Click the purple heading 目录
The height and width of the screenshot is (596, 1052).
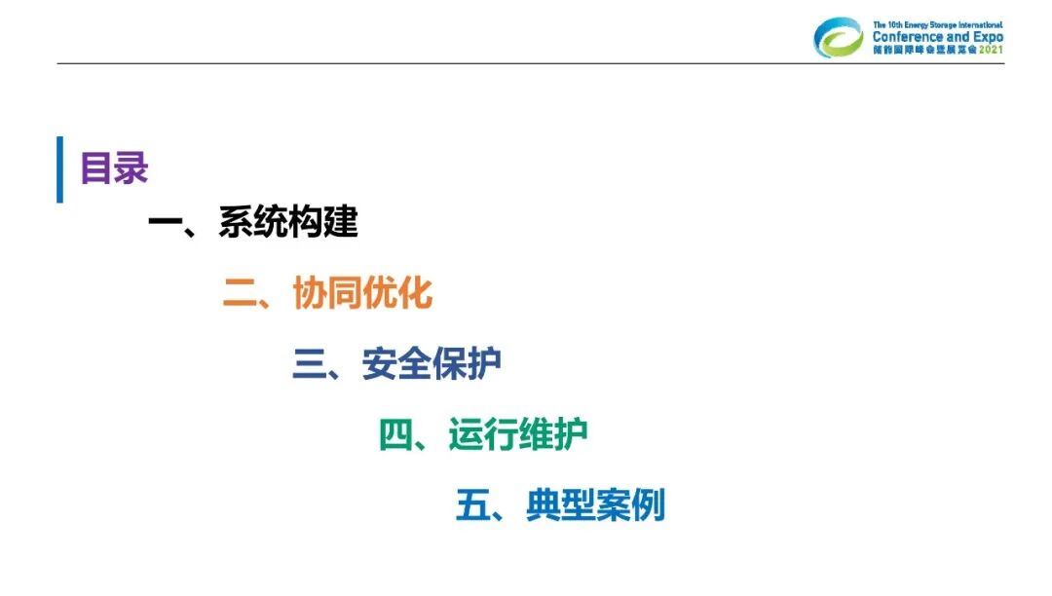[x=114, y=168]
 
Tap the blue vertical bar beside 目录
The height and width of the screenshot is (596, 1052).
[x=59, y=169]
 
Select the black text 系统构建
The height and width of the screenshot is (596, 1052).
[x=288, y=222]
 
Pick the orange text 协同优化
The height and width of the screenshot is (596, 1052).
[x=362, y=293]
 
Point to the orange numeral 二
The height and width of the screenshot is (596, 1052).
[x=240, y=293]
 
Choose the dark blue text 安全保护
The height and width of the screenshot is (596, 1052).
[x=432, y=364]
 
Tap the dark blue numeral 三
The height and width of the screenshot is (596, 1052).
[x=309, y=364]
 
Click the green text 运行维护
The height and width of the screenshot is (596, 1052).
[x=518, y=435]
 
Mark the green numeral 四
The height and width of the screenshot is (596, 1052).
[x=395, y=435]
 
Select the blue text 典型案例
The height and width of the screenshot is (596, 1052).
[x=595, y=506]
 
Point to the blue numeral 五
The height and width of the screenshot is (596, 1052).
[x=472, y=506]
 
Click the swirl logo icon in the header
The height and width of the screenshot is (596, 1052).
[x=839, y=38]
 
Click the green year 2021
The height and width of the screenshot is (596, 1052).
[x=990, y=50]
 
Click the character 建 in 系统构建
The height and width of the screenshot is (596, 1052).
[x=341, y=222]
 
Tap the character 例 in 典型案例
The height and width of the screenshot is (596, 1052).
[x=648, y=506]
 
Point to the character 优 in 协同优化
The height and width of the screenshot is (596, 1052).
[x=380, y=293]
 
